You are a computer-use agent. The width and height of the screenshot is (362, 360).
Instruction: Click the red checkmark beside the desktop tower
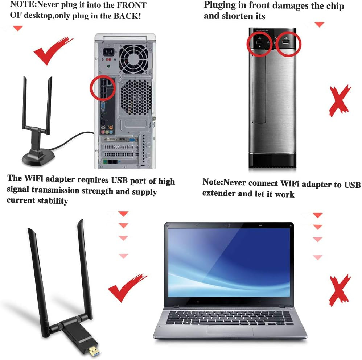[x=53, y=50]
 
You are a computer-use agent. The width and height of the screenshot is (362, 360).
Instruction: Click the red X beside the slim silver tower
[x=340, y=101]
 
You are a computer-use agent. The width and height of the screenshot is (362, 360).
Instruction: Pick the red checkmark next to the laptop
[x=127, y=288]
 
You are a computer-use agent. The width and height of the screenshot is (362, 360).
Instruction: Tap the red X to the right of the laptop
[x=340, y=290]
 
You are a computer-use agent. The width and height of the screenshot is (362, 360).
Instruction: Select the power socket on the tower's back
[x=108, y=52]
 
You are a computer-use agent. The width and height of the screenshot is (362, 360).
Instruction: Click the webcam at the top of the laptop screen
[x=229, y=225]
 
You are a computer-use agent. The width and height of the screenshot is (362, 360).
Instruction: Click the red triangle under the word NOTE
[x=18, y=28]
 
